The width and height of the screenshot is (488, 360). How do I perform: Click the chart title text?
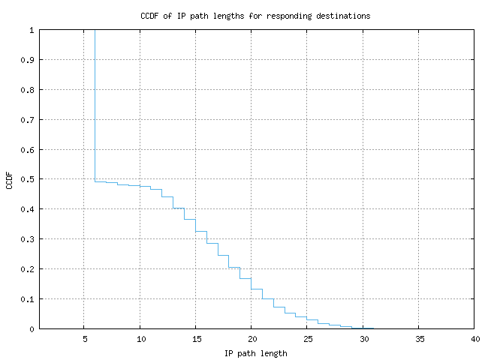(255, 16)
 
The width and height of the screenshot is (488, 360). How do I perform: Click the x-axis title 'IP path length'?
(255, 352)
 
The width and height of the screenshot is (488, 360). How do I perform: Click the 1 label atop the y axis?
(32, 30)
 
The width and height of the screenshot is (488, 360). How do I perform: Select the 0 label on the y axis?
(32, 329)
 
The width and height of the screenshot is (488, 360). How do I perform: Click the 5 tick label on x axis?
(84, 339)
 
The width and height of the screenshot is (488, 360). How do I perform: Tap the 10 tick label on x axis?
(140, 339)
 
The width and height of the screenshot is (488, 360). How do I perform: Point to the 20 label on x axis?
(252, 339)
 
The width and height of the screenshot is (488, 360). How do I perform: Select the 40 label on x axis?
(474, 339)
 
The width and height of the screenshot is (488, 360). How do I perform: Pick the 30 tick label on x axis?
(363, 339)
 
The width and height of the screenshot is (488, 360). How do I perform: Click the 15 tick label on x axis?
(195, 339)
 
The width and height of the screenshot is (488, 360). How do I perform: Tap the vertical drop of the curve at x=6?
(95, 105)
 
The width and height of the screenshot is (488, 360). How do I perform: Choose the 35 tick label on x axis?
(419, 339)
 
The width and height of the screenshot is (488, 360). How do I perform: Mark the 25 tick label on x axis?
(307, 339)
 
